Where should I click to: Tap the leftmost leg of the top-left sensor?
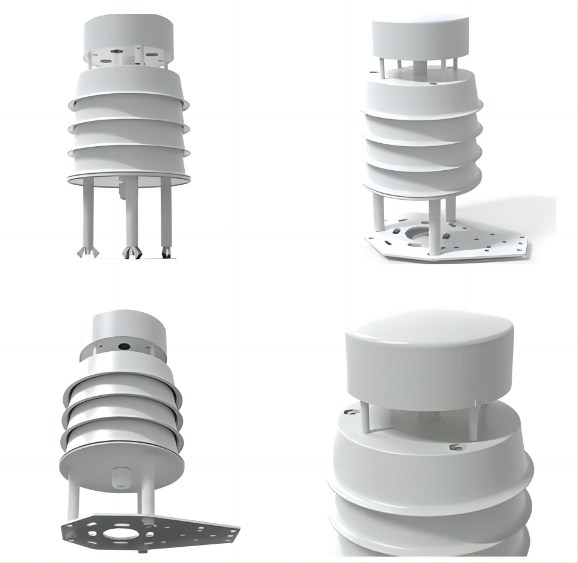point(89,214)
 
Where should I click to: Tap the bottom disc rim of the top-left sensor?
point(128,179)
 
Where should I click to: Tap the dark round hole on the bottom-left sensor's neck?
point(123,346)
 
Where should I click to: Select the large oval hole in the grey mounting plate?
point(120,533)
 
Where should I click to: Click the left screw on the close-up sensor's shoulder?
point(349,412)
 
